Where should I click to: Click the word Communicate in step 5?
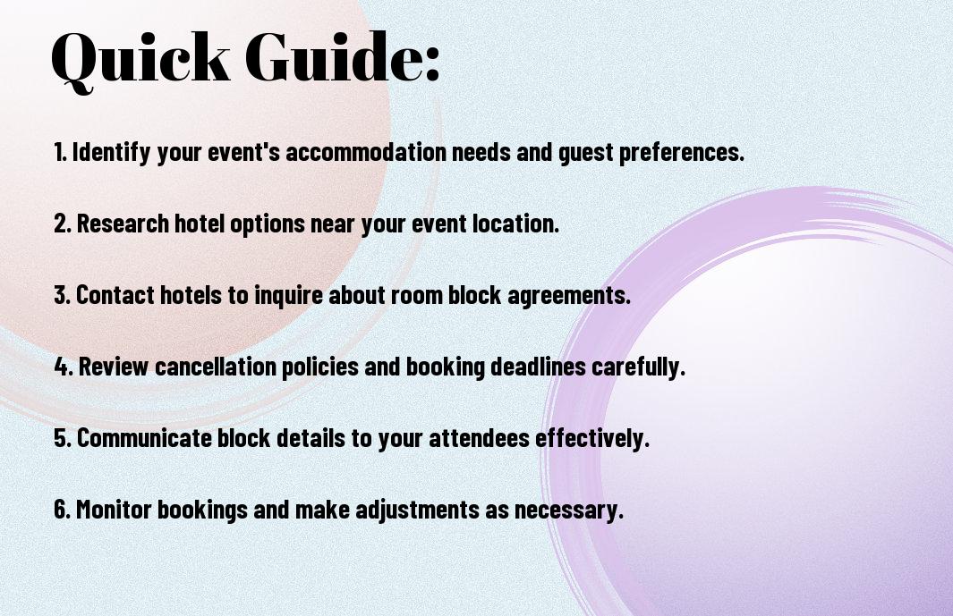click(143, 438)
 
